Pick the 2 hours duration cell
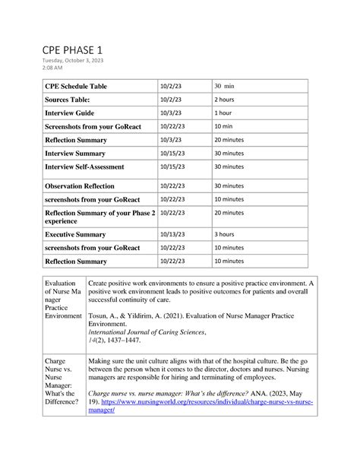(224, 100)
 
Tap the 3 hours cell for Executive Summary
(224, 235)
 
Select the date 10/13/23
(172, 235)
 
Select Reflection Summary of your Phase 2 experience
(99, 217)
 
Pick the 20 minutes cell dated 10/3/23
(229, 139)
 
